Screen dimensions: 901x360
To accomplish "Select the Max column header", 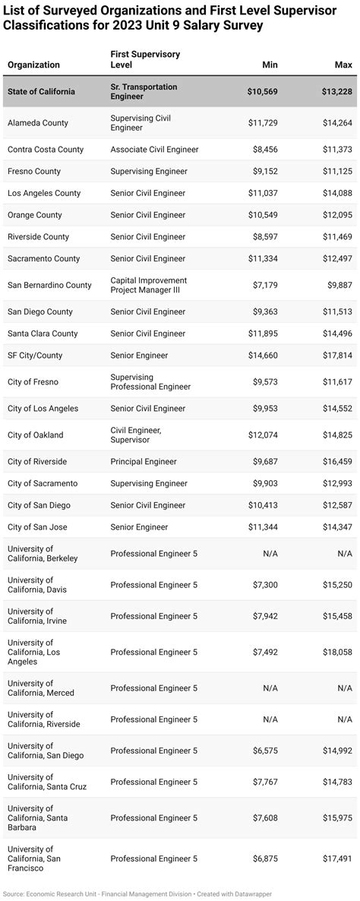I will [343, 65].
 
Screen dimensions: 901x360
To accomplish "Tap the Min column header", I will [270, 65].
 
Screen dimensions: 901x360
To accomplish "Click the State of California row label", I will [41, 92].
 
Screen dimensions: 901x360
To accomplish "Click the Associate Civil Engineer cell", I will [154, 150].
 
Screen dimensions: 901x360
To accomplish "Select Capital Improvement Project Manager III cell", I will [148, 286].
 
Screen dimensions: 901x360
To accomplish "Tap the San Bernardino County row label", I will [49, 286].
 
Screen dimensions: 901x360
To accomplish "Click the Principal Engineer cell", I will [144, 462].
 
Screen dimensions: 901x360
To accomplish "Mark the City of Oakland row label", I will [36, 435].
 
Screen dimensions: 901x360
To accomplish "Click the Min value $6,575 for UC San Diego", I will [265, 751].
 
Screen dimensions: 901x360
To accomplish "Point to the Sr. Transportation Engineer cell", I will [144, 92].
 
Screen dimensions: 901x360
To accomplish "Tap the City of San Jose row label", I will [39, 527].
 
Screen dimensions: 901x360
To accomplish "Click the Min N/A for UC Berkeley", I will [270, 554].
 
